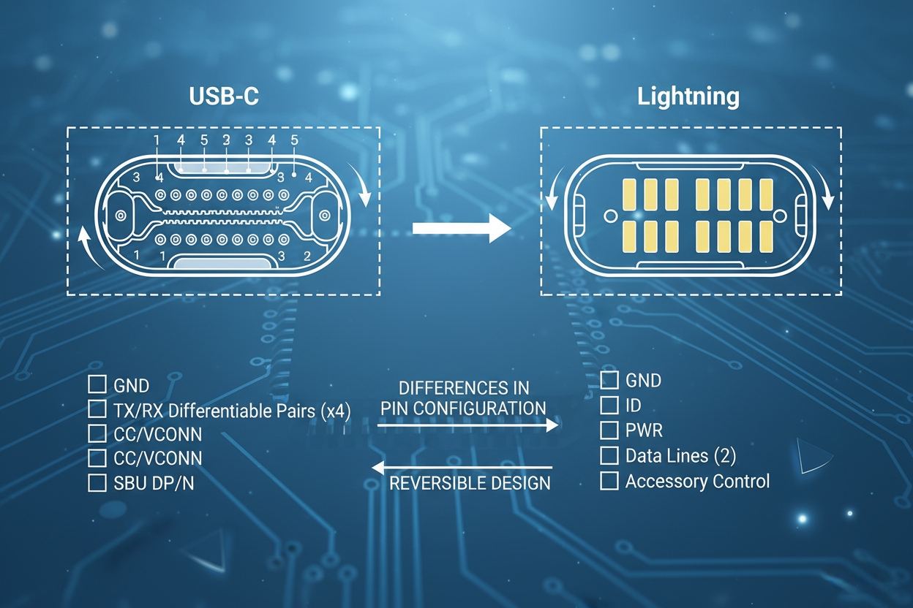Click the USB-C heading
pos(223,97)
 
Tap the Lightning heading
pos(688,97)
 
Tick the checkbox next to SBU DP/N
pos(97,483)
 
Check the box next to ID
pos(609,404)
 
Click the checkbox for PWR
pos(609,430)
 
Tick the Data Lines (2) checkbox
pos(609,455)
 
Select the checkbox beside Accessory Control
pos(609,481)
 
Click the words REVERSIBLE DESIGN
pos(470,484)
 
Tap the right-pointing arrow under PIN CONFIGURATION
pos(468,425)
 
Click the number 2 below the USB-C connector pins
pos(307,256)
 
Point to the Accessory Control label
pos(697,482)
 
